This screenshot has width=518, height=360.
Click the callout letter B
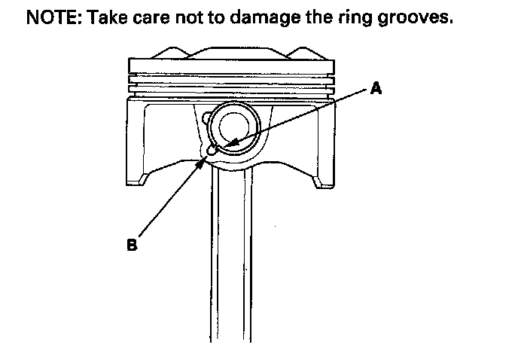[131, 245]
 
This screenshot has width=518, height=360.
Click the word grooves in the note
[419, 18]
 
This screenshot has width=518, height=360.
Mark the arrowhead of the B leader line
[205, 156]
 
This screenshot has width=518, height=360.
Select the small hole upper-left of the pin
[204, 117]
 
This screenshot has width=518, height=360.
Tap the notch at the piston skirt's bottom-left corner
[142, 180]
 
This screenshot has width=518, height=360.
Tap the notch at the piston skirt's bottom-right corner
[321, 182]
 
